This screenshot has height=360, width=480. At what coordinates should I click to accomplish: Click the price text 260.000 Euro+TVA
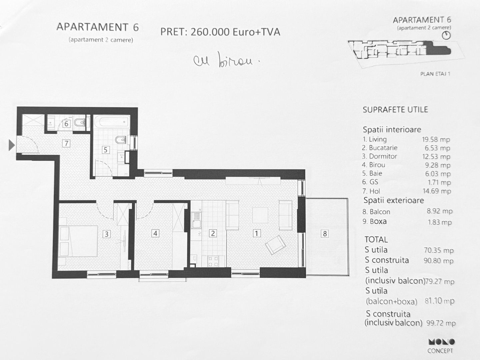tap(220, 32)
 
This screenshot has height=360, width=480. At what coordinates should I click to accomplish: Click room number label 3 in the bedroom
tap(107, 234)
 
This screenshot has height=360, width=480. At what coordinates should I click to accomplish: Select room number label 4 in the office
tap(155, 233)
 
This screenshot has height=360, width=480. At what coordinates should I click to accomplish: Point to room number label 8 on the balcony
tap(325, 234)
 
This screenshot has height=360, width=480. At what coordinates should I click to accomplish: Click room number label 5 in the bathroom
tap(106, 150)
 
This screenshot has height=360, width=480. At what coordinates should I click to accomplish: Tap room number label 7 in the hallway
tap(67, 143)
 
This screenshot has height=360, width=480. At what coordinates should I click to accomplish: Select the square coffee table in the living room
tap(260, 215)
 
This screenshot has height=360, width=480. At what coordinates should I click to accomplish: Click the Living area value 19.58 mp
tap(436, 140)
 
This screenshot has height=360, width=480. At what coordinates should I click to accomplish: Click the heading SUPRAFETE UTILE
tap(395, 110)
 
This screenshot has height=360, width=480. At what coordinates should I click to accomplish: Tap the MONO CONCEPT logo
tap(441, 346)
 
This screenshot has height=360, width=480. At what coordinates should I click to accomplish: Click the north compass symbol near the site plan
tap(446, 36)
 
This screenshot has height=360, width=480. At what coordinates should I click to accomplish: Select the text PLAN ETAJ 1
tap(435, 74)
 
